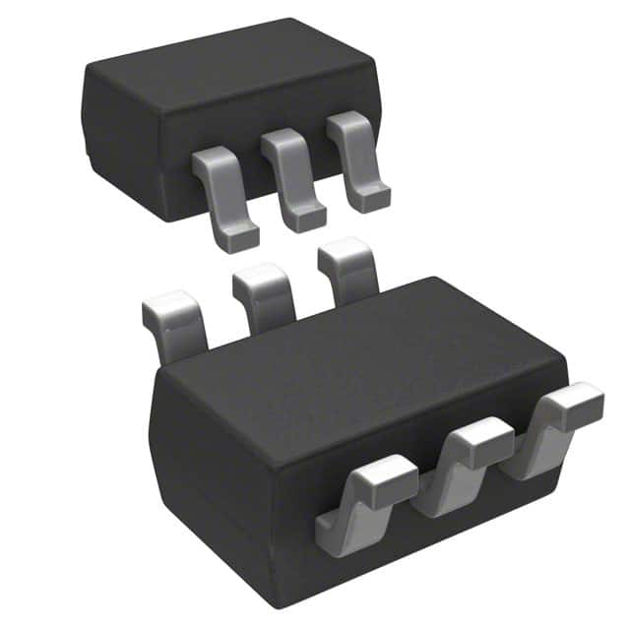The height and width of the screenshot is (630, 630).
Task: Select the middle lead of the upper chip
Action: pos(290,177)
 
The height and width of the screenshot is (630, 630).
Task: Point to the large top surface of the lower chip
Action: pos(364,364)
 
